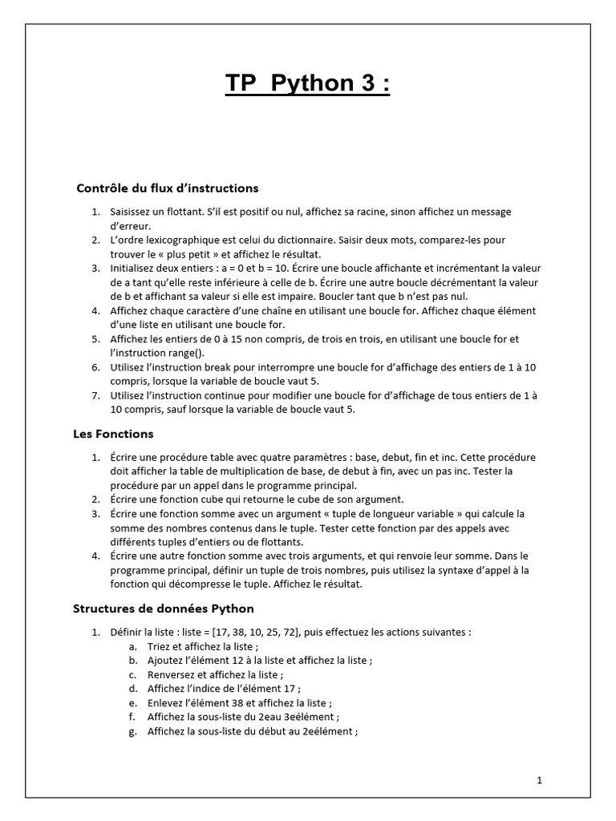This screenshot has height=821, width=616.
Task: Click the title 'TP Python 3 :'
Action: coord(307,83)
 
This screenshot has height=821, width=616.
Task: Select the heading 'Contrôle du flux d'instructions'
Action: coord(167,188)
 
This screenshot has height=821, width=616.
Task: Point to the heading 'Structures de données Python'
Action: coord(163,609)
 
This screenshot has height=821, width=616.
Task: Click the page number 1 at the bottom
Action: coord(540,779)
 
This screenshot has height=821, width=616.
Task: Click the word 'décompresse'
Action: coord(200,584)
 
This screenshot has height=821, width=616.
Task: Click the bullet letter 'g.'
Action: coord(133,731)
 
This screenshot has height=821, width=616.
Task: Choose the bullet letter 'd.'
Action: coord(133,689)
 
